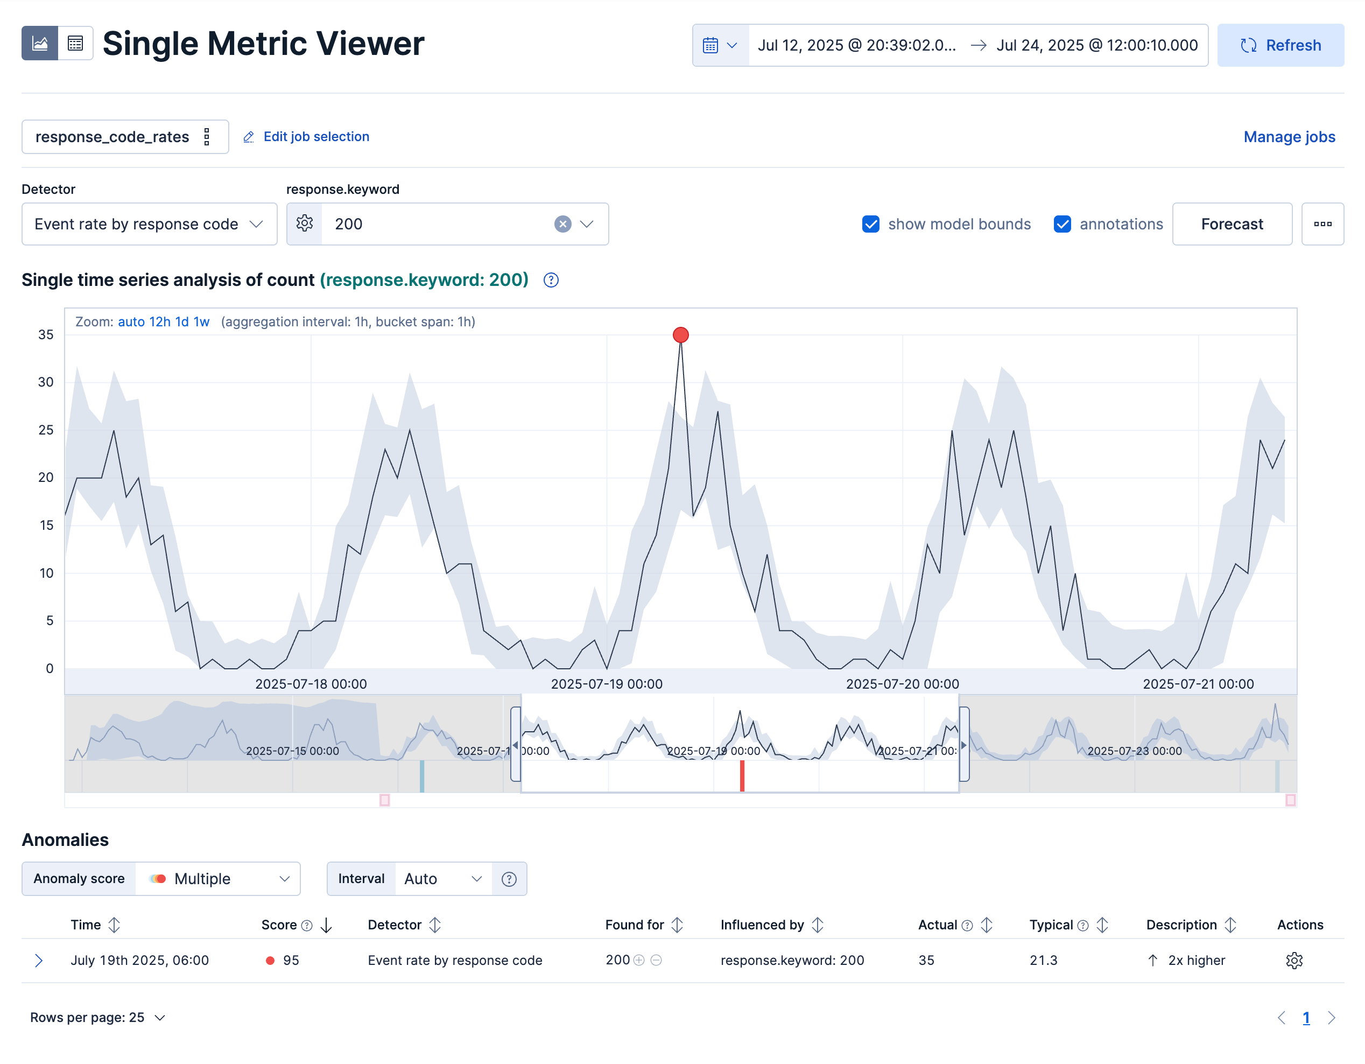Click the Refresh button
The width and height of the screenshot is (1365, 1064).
(1280, 46)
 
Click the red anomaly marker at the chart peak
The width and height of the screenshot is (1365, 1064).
(681, 335)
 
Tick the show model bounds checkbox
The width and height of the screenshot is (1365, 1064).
(871, 224)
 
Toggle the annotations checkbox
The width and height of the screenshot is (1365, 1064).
(1062, 224)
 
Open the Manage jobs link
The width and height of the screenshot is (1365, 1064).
(1289, 137)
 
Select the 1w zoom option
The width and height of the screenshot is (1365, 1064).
(201, 322)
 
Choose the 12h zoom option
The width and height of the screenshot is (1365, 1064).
(159, 322)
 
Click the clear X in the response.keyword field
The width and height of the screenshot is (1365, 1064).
(562, 224)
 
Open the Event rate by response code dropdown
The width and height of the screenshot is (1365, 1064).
(149, 224)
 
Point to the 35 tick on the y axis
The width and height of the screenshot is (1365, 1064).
(46, 334)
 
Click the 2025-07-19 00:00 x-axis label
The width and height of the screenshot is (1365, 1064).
(606, 684)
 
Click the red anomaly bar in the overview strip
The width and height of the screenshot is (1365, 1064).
(742, 775)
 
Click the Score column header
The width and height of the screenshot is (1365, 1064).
(279, 925)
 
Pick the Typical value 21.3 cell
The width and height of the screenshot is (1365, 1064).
(1043, 960)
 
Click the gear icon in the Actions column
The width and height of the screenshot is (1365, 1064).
(1294, 960)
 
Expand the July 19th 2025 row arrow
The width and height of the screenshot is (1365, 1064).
(39, 960)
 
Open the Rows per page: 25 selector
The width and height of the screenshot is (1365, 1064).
(97, 1017)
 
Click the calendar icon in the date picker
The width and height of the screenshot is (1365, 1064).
(710, 46)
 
